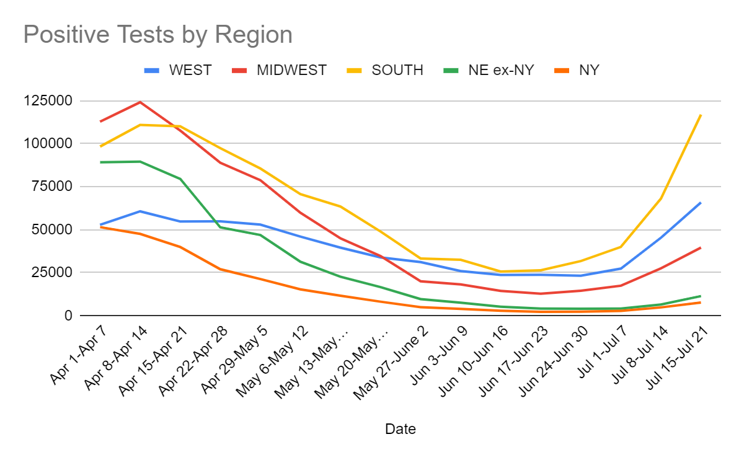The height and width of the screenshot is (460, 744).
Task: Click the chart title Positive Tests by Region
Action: (x=157, y=35)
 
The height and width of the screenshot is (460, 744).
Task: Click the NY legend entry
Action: (x=589, y=70)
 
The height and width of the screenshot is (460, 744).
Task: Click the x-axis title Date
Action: (x=401, y=428)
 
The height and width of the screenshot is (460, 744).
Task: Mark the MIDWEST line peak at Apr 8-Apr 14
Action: (x=140, y=102)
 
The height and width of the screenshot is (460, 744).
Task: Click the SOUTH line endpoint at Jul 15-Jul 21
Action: (x=701, y=115)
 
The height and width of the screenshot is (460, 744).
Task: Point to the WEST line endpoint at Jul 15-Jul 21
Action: (x=701, y=203)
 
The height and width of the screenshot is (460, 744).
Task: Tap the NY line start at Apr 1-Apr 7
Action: (x=100, y=227)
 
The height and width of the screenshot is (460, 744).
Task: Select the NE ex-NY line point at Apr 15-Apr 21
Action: (x=180, y=179)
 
